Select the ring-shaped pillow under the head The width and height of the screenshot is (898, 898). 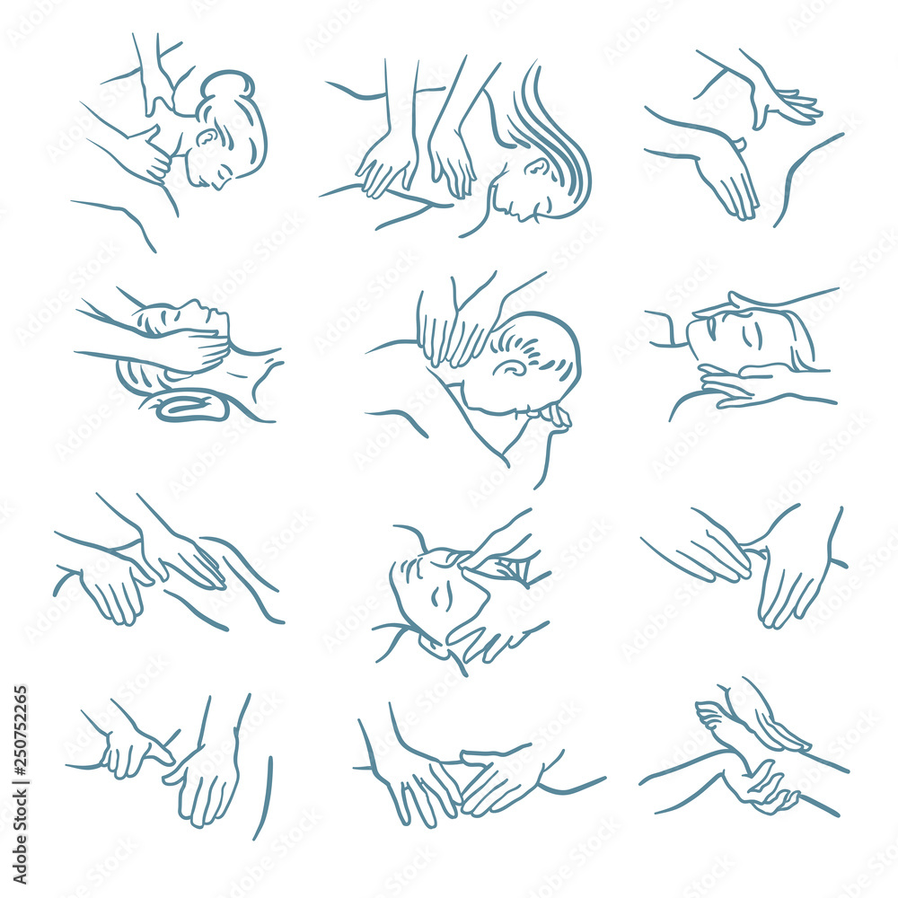(x=191, y=408)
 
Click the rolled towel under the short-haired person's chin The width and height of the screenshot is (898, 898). (x=550, y=416)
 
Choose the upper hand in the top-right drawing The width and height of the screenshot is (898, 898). (x=781, y=103)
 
